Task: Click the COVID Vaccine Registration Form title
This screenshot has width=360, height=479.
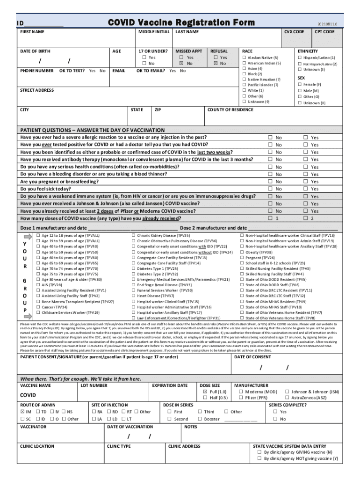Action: click(x=181, y=23)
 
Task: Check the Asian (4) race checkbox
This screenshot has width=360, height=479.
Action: click(x=244, y=69)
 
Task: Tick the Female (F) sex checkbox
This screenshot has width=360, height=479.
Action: click(x=299, y=85)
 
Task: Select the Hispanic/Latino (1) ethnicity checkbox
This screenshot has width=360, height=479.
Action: click(x=299, y=58)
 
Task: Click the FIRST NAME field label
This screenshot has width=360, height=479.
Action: click(x=32, y=32)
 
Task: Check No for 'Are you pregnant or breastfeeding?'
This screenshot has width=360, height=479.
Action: click(x=269, y=181)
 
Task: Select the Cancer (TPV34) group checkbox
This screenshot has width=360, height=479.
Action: click(x=38, y=307)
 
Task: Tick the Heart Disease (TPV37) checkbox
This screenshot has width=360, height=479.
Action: click(x=133, y=296)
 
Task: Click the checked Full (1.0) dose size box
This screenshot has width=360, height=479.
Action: click(x=205, y=392)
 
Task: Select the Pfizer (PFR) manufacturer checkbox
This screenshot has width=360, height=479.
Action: click(x=241, y=398)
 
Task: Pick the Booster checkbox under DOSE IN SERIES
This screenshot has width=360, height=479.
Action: click(x=200, y=419)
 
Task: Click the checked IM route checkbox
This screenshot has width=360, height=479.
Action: click(x=22, y=412)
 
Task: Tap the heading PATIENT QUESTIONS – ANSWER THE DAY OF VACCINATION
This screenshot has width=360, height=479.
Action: click(x=92, y=130)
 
